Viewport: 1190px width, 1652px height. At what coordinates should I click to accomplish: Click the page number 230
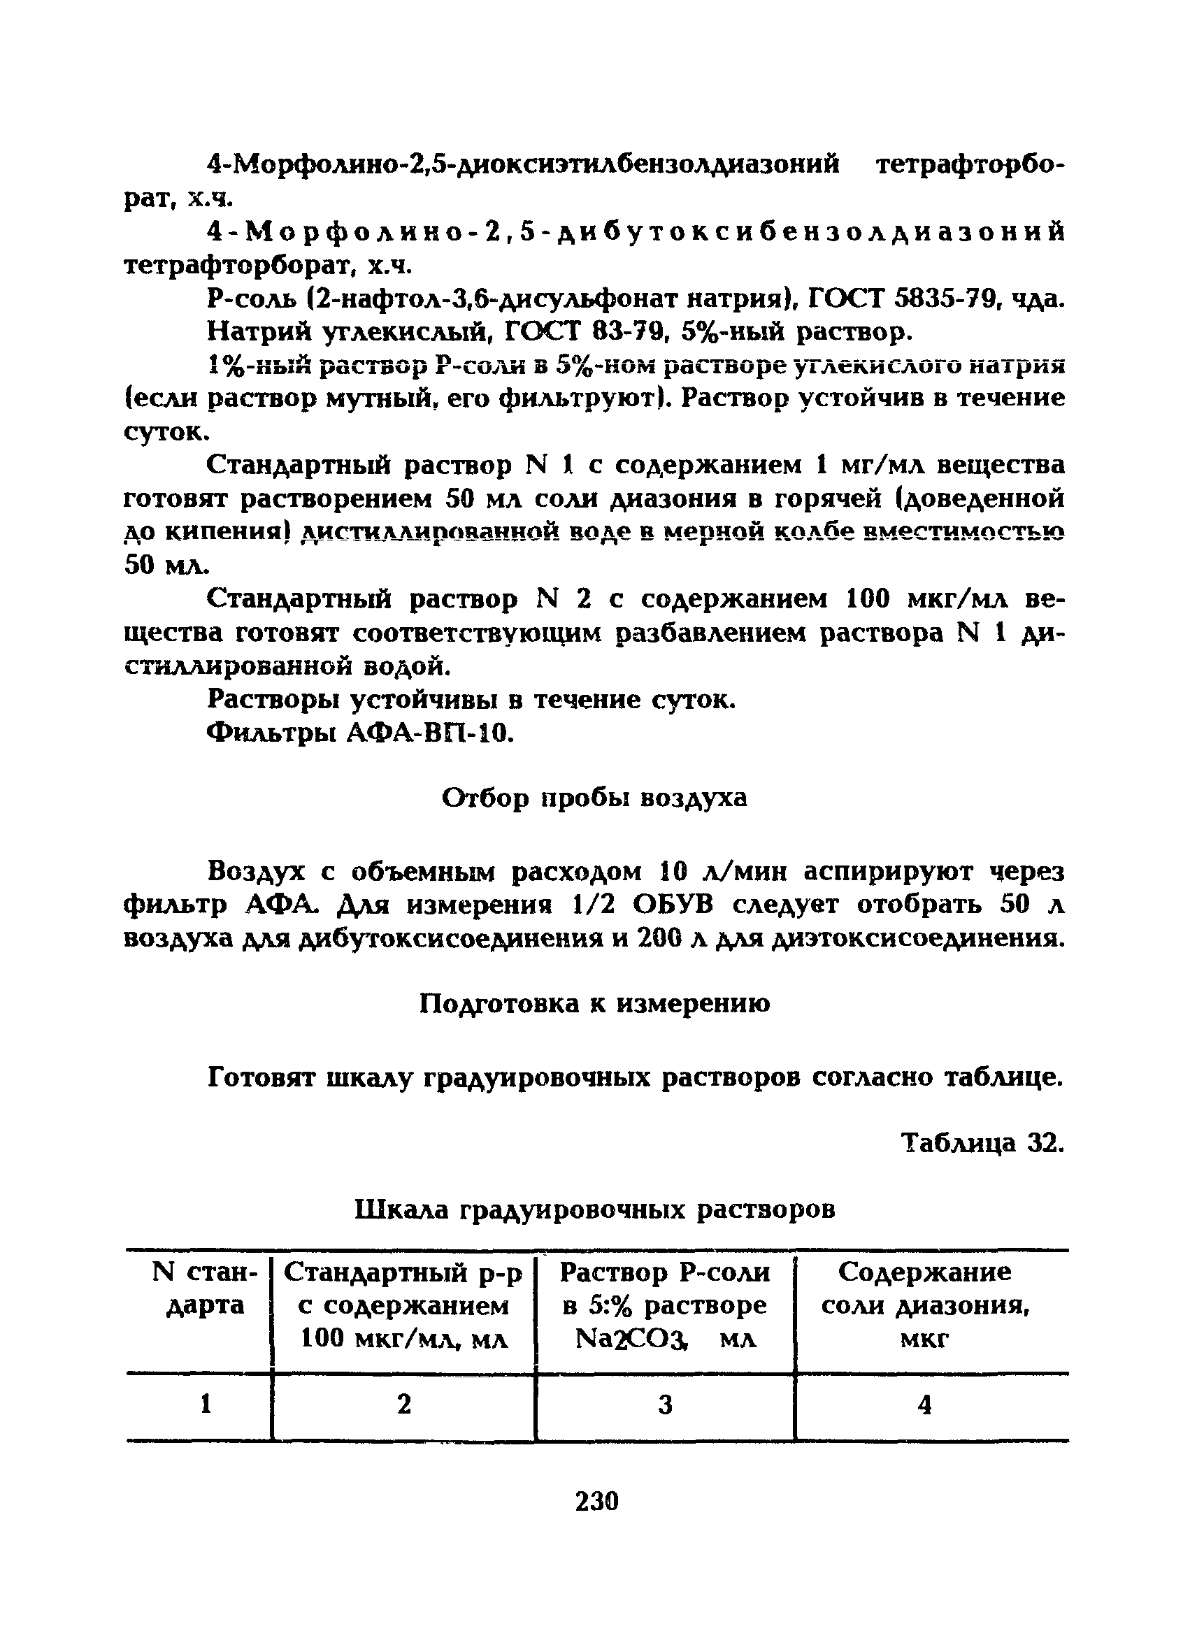pyautogui.click(x=596, y=1501)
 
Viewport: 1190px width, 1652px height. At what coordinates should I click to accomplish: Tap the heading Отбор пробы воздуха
pyautogui.click(x=594, y=798)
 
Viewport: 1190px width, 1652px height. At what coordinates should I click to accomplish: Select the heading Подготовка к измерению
pyautogui.click(x=594, y=1004)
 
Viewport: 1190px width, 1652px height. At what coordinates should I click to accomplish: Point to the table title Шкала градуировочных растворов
pyautogui.click(x=594, y=1210)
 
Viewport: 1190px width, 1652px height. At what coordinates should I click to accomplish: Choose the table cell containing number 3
pyautogui.click(x=664, y=1405)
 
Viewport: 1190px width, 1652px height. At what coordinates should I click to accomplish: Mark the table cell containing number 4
pyautogui.click(x=924, y=1405)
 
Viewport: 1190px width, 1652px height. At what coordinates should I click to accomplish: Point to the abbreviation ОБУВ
pyautogui.click(x=675, y=905)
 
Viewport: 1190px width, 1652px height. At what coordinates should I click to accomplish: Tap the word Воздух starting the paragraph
pyautogui.click(x=258, y=871)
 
